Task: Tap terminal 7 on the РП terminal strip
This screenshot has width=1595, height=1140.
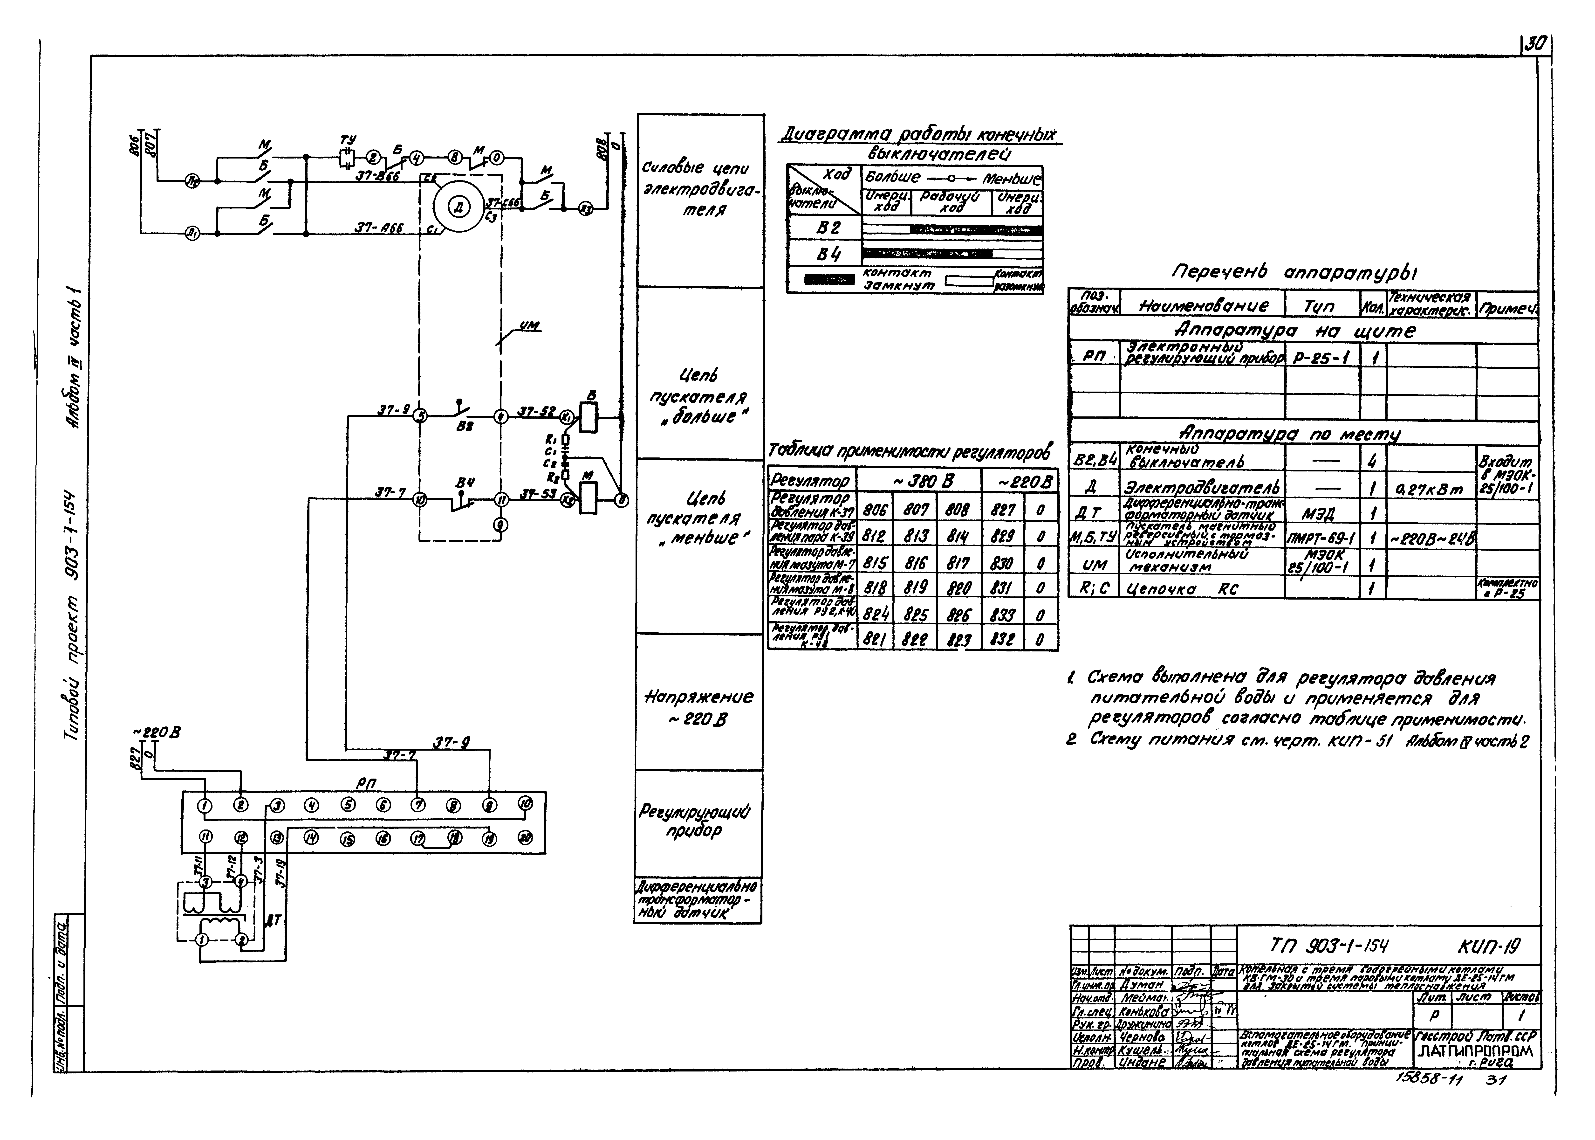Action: pyautogui.click(x=418, y=805)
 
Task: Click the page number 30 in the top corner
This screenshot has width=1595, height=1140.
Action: pyautogui.click(x=1535, y=43)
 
